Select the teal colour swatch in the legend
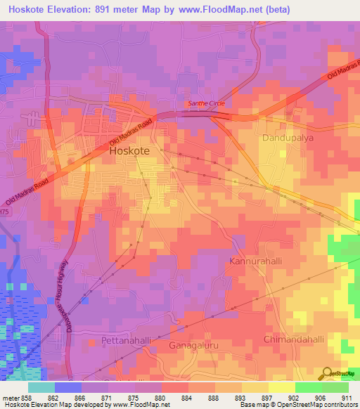point(41,387)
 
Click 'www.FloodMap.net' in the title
point(218,8)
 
